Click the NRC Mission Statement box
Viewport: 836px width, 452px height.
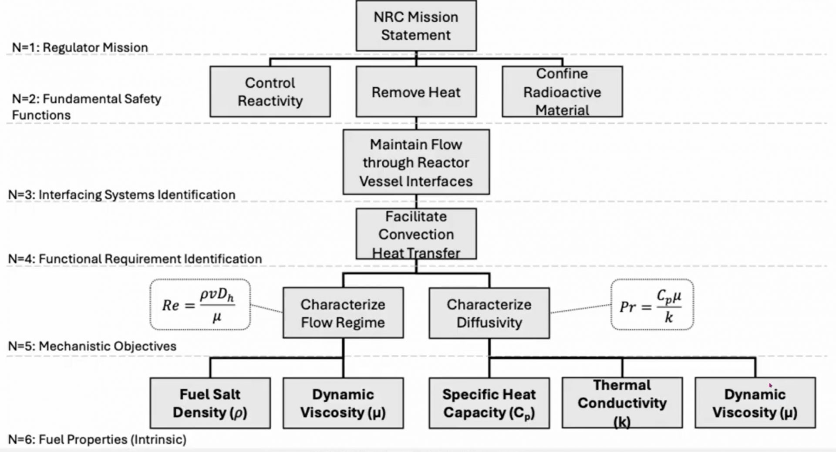(x=416, y=26)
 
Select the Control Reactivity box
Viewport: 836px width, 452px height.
(x=270, y=92)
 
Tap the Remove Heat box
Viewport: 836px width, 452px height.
(x=416, y=92)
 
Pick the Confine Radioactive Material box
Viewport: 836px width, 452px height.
(x=562, y=92)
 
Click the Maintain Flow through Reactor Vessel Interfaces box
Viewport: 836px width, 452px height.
(x=416, y=162)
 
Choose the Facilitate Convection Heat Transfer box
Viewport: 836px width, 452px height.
(x=416, y=234)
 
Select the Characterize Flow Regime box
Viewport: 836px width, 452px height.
(x=343, y=313)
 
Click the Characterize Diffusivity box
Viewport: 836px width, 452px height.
(x=489, y=313)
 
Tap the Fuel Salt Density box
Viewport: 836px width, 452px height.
(x=210, y=403)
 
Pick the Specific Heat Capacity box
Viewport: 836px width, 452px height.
(x=489, y=403)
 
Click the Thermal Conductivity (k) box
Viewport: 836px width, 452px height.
(x=622, y=403)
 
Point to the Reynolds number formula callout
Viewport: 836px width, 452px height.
(x=200, y=305)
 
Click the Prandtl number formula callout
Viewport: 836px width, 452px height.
(x=652, y=305)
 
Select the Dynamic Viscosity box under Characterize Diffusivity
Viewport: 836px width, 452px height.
(x=755, y=403)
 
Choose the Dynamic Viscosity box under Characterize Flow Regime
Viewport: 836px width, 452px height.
(x=343, y=403)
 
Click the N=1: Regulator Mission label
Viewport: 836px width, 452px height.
(x=80, y=48)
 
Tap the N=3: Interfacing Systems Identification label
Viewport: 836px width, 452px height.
(x=122, y=195)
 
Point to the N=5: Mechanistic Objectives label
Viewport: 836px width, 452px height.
(x=92, y=346)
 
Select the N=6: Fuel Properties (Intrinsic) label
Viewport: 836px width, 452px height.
(x=97, y=439)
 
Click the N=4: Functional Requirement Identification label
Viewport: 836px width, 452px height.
(x=135, y=259)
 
